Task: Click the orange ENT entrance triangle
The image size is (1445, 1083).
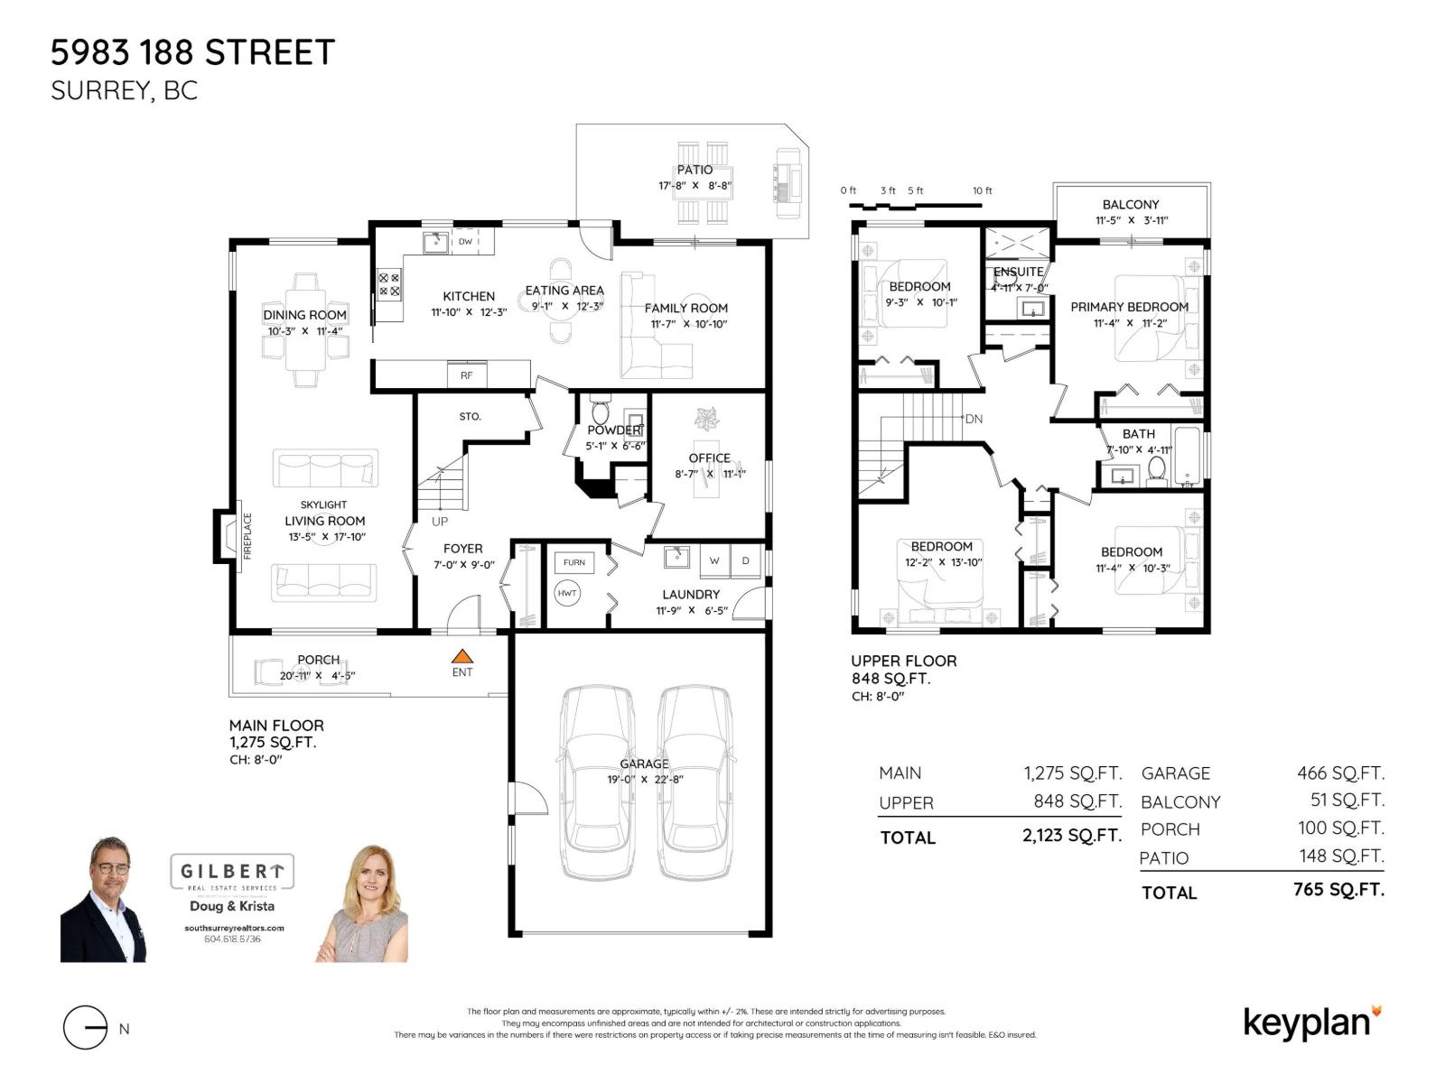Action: pyautogui.click(x=461, y=656)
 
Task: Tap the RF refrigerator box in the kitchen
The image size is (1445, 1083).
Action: pyautogui.click(x=466, y=375)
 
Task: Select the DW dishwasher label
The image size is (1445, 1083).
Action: pyautogui.click(x=465, y=242)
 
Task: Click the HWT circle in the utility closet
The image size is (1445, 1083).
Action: pyautogui.click(x=567, y=593)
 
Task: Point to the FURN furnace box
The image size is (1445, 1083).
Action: pyautogui.click(x=574, y=562)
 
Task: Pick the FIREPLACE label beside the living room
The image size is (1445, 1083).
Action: pyautogui.click(x=247, y=536)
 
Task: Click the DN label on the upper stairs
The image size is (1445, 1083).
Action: pyautogui.click(x=974, y=419)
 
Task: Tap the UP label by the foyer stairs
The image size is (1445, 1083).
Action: pyautogui.click(x=440, y=522)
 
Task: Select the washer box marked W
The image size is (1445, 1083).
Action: pyautogui.click(x=714, y=560)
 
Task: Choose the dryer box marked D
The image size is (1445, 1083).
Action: pyautogui.click(x=746, y=560)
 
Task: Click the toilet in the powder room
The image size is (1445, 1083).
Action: pyautogui.click(x=600, y=410)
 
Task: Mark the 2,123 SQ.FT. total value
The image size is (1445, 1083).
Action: pyautogui.click(x=1072, y=836)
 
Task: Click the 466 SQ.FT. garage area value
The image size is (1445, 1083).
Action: pyautogui.click(x=1340, y=773)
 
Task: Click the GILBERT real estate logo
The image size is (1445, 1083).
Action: pyautogui.click(x=232, y=872)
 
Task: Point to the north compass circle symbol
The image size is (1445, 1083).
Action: pyautogui.click(x=86, y=1028)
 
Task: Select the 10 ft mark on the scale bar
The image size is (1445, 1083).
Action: pyautogui.click(x=982, y=190)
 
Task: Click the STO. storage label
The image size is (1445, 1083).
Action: pyautogui.click(x=470, y=417)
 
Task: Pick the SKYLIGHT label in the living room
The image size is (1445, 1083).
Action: pyautogui.click(x=323, y=504)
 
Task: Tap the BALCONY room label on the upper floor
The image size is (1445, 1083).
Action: pyautogui.click(x=1130, y=205)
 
